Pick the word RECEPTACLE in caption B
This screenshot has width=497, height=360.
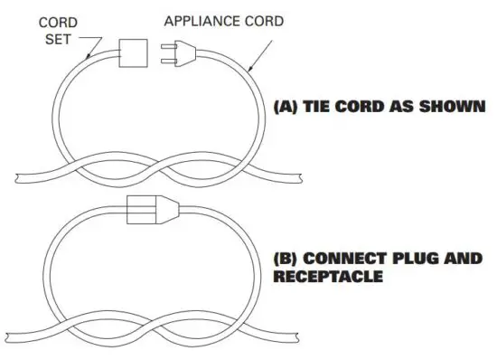click(x=328, y=277)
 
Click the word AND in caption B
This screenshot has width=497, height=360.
click(x=465, y=260)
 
